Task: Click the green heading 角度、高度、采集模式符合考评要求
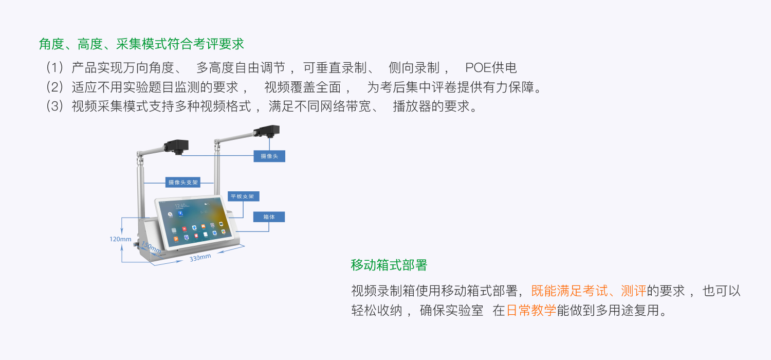141,44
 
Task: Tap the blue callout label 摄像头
269,156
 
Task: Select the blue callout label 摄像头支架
183,182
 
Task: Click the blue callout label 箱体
269,217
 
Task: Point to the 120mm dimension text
120,239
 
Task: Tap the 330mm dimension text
200,258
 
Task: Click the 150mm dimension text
151,248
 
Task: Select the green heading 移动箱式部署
389,265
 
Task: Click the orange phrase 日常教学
531,311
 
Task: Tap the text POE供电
491,67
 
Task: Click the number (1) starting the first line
54,67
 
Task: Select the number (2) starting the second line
54,87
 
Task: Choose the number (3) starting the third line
54,106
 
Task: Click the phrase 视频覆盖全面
302,87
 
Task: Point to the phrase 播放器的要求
432,106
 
